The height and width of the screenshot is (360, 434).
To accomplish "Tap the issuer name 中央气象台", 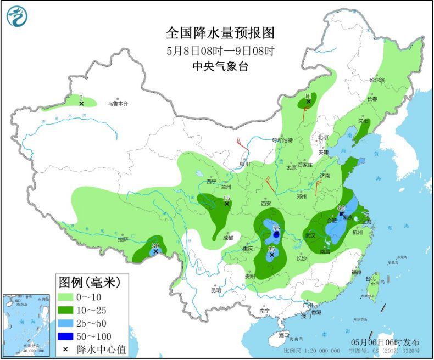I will pos(220,66).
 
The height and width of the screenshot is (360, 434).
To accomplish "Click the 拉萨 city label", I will pos(122,239).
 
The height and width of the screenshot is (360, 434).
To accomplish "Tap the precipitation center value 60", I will pos(341,208).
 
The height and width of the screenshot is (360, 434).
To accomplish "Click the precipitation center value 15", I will pos(226,198).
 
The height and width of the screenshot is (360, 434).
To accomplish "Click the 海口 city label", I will pos(283,335).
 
